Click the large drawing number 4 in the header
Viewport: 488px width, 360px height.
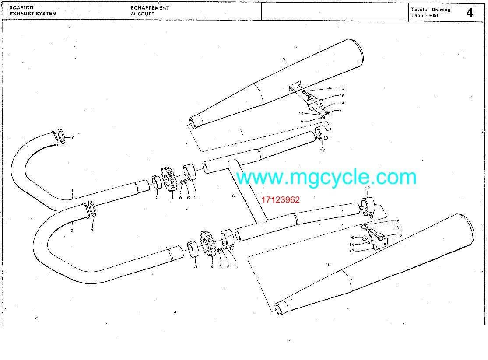[470, 12]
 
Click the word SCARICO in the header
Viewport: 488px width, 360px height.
[21, 7]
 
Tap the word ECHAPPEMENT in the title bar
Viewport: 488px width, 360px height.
[150, 8]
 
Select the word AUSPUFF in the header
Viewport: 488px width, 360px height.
[142, 14]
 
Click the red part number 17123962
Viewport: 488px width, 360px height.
[281, 200]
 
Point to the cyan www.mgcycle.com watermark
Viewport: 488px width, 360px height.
[326, 177]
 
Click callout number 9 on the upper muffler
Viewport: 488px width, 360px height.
[284, 59]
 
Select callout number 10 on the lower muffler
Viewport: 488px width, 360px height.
[328, 265]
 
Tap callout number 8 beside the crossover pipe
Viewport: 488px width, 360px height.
[233, 196]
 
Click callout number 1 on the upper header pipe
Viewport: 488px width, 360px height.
[72, 191]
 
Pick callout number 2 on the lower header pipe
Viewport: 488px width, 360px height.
[72, 231]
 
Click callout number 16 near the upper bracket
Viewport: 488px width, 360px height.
[342, 96]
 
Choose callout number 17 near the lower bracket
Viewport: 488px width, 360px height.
[351, 251]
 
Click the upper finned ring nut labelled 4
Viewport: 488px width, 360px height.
[169, 179]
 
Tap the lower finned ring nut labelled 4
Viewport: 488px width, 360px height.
[207, 244]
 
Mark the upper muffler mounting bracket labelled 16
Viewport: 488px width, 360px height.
[315, 104]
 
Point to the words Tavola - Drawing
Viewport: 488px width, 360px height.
[431, 10]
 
